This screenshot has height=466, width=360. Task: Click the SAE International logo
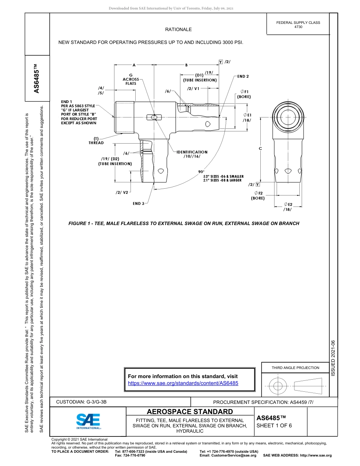[88, 421]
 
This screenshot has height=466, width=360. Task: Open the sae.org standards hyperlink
[183, 383]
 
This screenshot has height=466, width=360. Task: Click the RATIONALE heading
[178, 30]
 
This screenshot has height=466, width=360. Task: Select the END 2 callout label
[243, 77]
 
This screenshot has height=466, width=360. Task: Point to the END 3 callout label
[138, 203]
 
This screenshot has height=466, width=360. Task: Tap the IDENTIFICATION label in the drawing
[192, 152]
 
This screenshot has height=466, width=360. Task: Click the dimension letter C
[260, 149]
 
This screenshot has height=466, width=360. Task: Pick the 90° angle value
[201, 172]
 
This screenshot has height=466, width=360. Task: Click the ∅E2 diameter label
[288, 205]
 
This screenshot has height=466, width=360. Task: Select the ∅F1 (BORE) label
[244, 94]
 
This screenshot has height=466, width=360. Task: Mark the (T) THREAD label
[96, 141]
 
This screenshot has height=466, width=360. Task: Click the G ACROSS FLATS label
[131, 79]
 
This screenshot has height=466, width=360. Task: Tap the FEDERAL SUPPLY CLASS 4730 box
[298, 25]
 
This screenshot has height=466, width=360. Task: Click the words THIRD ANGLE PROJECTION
[295, 367]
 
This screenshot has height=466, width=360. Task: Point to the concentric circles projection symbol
[278, 386]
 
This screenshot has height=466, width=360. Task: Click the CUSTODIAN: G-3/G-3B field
[84, 402]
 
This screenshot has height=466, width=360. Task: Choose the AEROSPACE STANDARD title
[190, 411]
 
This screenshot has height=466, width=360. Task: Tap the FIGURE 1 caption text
[184, 224]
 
